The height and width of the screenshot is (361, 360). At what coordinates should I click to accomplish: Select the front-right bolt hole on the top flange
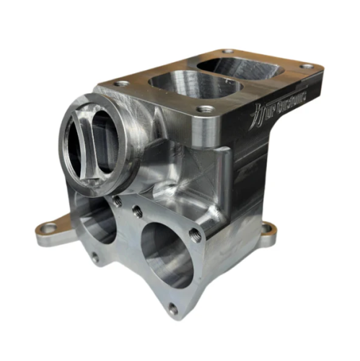coord(206,110)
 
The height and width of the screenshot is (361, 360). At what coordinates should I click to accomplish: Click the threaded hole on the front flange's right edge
coord(196,234)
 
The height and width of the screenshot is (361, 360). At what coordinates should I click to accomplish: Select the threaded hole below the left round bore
coord(94,256)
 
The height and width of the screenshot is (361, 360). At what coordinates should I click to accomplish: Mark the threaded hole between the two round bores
coord(136,212)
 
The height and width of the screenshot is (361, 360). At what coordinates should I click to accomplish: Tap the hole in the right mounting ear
coord(268,228)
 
